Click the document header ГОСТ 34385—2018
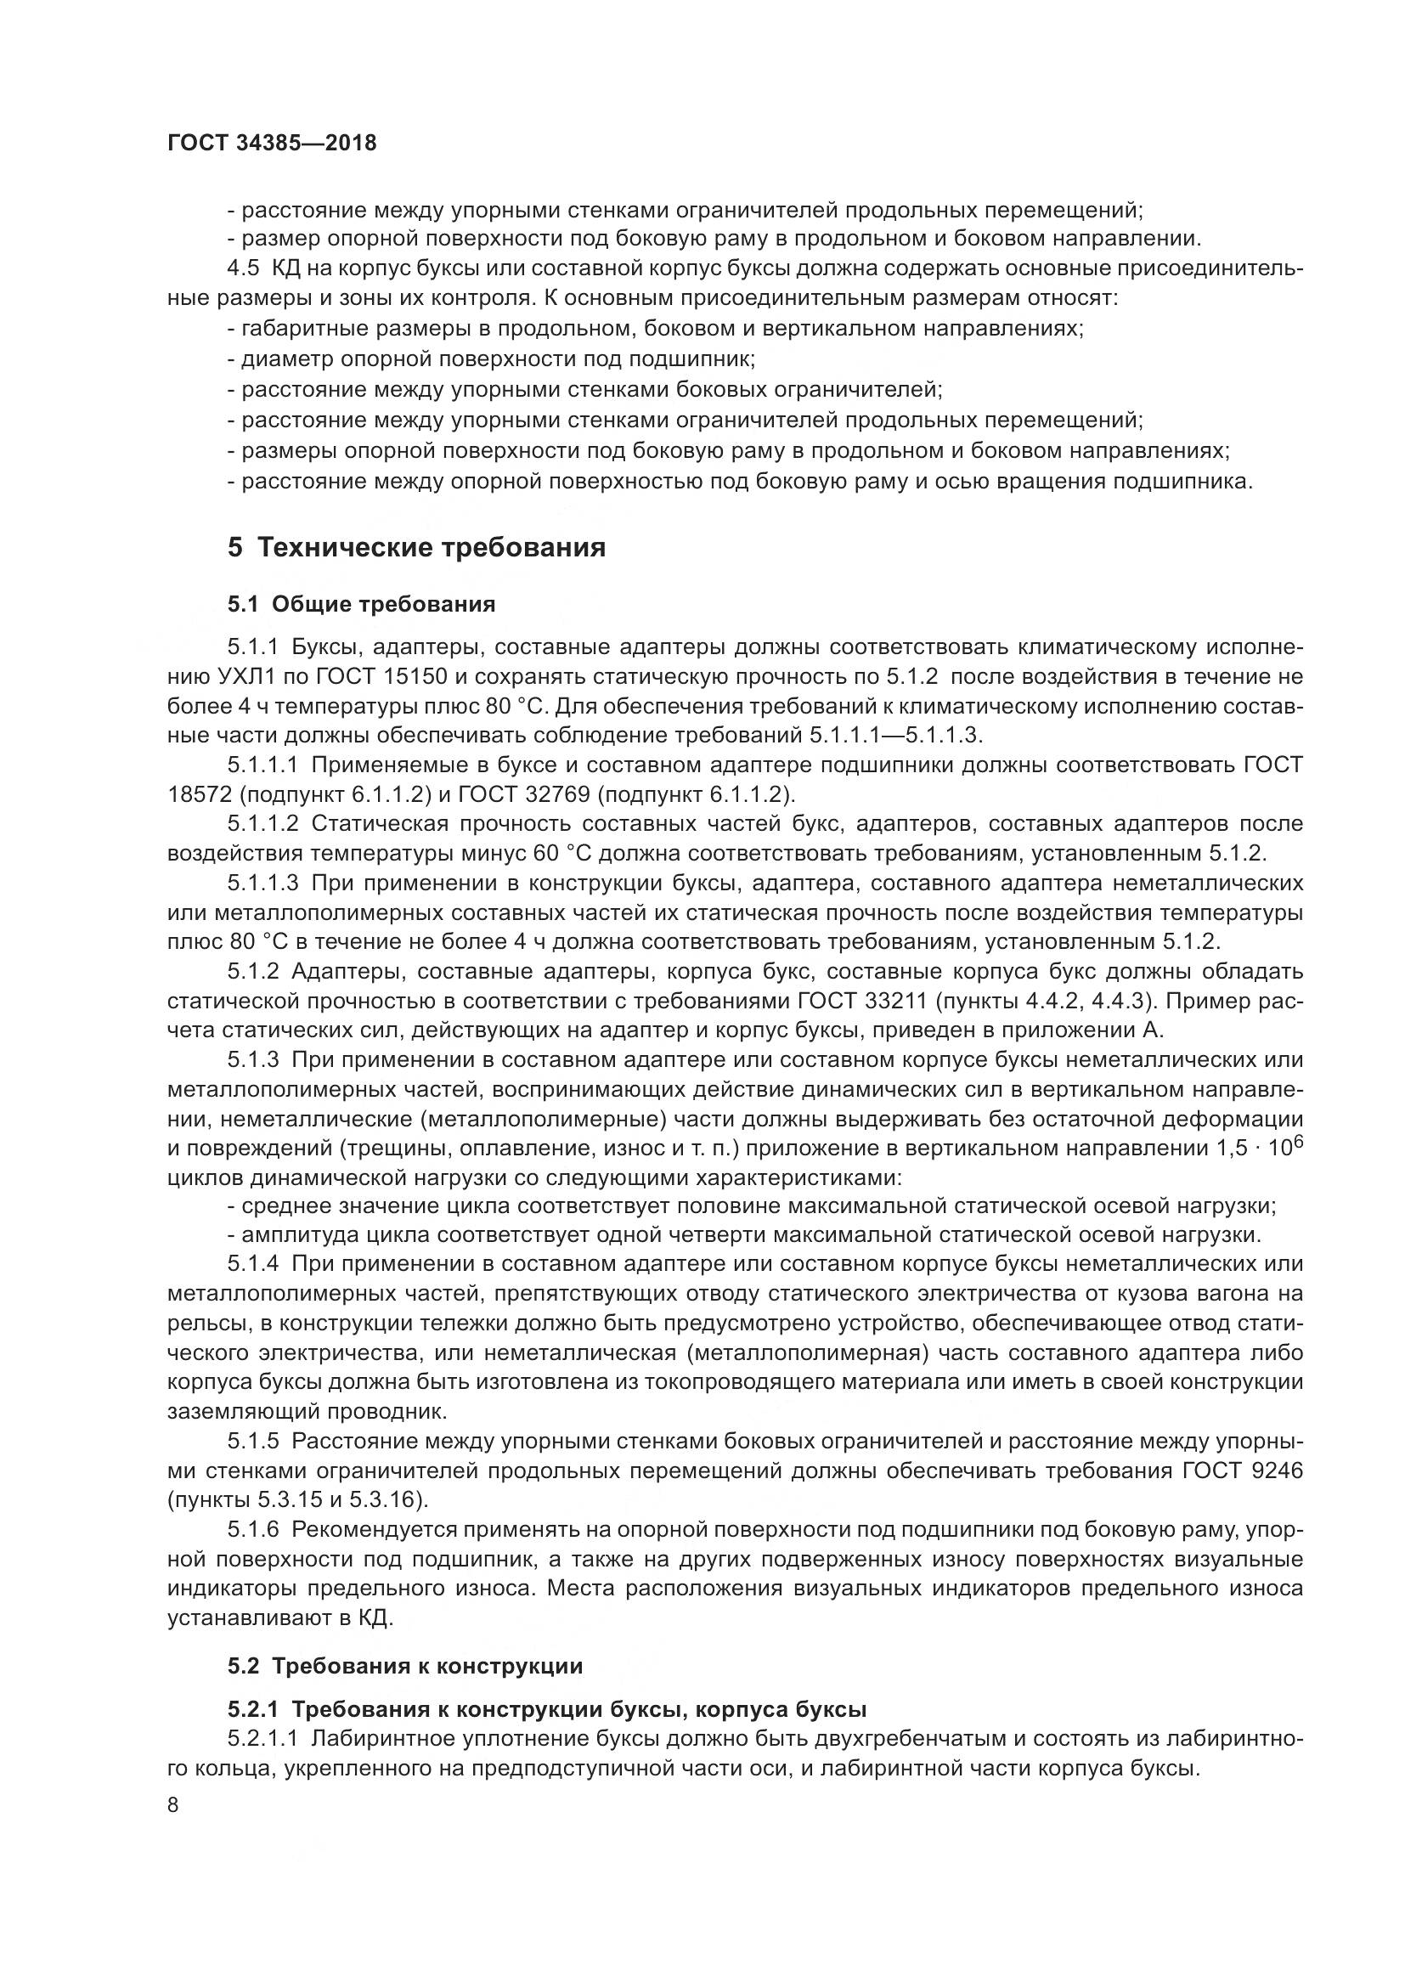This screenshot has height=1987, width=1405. click(x=272, y=144)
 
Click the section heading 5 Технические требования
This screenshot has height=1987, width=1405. click(x=416, y=548)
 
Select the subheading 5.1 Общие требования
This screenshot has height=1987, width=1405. click(x=361, y=604)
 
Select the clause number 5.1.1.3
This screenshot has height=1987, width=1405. click(x=263, y=883)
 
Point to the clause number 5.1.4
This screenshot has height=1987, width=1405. click(x=253, y=1263)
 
